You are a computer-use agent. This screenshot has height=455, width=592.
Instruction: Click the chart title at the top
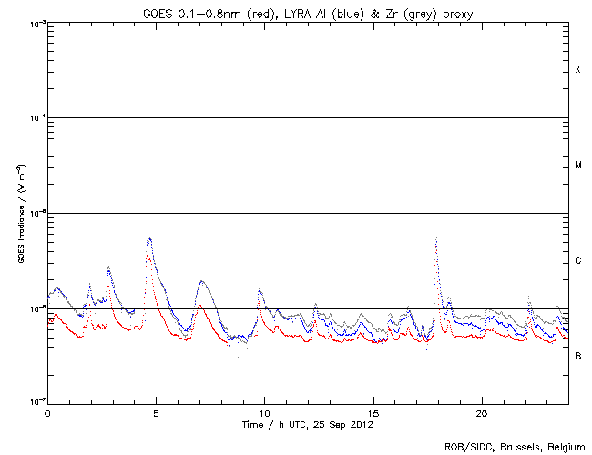point(307,10)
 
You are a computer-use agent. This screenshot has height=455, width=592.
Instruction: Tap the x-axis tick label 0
point(47,413)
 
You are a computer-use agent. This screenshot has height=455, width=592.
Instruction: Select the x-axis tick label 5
point(156,413)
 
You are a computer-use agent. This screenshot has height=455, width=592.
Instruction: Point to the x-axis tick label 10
point(264,413)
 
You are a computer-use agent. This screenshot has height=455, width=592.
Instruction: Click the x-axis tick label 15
point(373,413)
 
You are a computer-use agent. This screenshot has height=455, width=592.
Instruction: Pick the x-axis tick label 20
point(482,413)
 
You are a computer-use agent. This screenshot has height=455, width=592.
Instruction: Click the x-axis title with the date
point(307,425)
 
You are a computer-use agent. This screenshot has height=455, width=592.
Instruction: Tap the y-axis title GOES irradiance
point(19,213)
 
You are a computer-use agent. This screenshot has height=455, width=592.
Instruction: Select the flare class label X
point(577,70)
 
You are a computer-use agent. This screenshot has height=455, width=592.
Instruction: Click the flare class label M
point(577,166)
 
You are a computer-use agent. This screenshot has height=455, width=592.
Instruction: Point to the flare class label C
point(577,261)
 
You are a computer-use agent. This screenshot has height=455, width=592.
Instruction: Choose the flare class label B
point(577,356)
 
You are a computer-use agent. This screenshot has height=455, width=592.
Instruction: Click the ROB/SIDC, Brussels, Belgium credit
point(515,446)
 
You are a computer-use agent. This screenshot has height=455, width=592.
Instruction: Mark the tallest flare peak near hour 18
point(436,238)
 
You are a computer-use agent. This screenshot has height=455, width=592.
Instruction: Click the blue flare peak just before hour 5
point(149,238)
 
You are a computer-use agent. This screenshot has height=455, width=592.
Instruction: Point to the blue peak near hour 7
point(201,281)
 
